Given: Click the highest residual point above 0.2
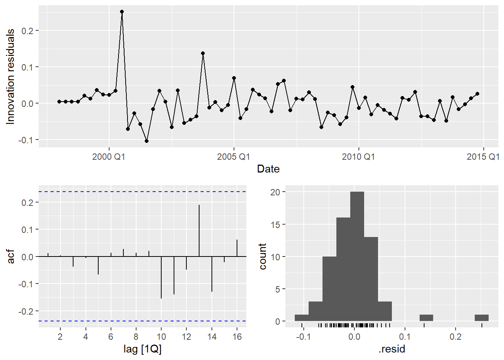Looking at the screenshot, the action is pyautogui.click(x=122, y=12).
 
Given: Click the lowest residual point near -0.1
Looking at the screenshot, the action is pyautogui.click(x=147, y=141).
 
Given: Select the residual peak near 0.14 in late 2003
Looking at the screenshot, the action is pyautogui.click(x=203, y=53).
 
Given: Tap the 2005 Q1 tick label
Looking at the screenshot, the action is pyautogui.click(x=234, y=157).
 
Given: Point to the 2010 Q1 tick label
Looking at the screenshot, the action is pyautogui.click(x=358, y=157).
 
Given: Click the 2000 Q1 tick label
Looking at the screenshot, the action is pyautogui.click(x=109, y=157).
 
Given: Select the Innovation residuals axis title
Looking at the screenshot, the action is pyautogui.click(x=10, y=76).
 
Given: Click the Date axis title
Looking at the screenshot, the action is pyautogui.click(x=268, y=169).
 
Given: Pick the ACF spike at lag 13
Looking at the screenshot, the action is pyautogui.click(x=199, y=230).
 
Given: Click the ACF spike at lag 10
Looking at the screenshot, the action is pyautogui.click(x=161, y=277).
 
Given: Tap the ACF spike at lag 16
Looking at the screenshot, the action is pyautogui.click(x=237, y=248).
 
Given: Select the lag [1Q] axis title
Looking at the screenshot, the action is pyautogui.click(x=142, y=349).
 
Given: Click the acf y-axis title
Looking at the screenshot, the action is pyautogui.click(x=11, y=256).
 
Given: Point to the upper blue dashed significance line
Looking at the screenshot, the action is pyautogui.click(x=142, y=192).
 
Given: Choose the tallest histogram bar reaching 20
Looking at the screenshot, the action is pyautogui.click(x=357, y=256).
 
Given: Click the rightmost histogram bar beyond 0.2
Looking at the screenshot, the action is pyautogui.click(x=481, y=318).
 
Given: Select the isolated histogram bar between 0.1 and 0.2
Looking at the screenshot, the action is pyautogui.click(x=426, y=318).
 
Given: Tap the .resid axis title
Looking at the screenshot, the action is pyautogui.click(x=392, y=349).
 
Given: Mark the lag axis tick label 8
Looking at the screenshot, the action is pyautogui.click(x=136, y=337).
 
